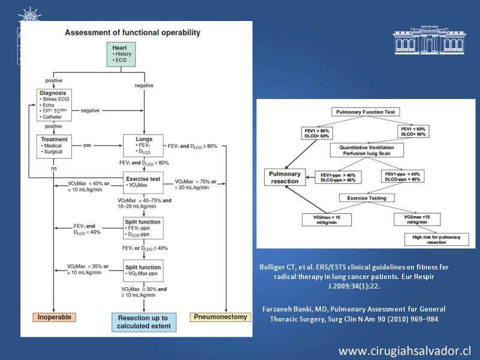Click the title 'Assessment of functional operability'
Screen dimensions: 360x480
(x=132, y=32)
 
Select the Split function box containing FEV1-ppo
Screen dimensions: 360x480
(x=142, y=229)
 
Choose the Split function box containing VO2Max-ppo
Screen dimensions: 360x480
(x=142, y=269)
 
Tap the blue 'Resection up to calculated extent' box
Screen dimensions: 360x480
(x=142, y=321)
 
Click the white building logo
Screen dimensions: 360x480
(x=428, y=41)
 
